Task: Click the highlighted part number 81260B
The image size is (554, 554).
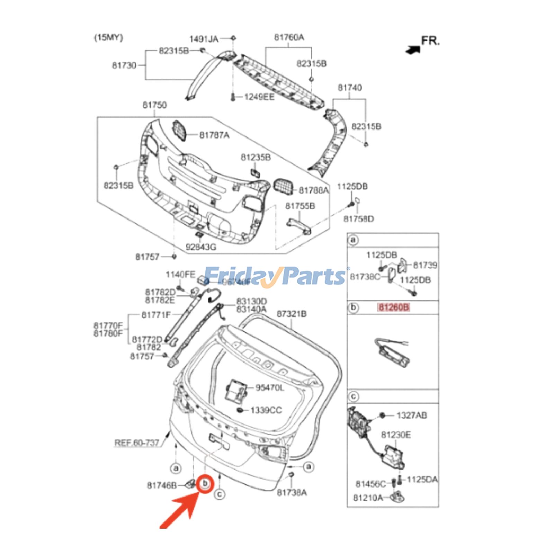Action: point(393,307)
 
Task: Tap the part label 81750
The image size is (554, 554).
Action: point(154,105)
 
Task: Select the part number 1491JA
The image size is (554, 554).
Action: point(204,39)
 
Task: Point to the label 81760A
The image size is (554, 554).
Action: point(289,37)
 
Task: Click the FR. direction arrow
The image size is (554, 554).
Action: point(413,50)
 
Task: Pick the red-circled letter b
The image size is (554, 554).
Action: point(205,483)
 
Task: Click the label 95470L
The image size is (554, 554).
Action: point(269,388)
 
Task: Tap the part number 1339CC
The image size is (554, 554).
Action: point(266,410)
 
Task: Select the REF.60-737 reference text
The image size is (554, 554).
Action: point(137,443)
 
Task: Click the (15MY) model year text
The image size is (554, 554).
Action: point(108,37)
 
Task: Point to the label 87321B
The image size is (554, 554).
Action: point(292,314)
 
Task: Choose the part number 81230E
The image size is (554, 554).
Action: point(396,435)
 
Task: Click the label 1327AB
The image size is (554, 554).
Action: point(411,415)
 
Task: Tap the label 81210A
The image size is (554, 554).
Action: point(368,498)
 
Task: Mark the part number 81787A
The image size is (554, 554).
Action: point(214,135)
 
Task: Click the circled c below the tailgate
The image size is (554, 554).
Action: point(219,494)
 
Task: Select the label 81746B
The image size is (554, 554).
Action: point(162,485)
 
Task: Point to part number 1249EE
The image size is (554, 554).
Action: point(259,97)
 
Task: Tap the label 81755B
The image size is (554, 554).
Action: point(300,206)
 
